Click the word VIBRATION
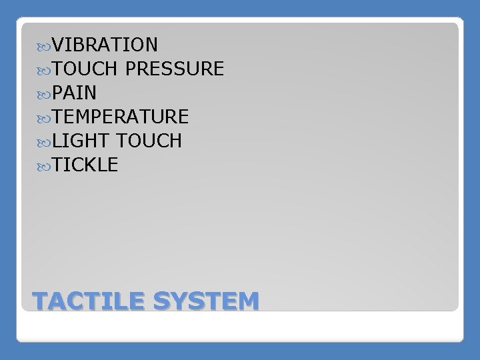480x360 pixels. [105, 45]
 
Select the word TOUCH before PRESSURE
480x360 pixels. [85, 69]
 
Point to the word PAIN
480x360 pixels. [75, 93]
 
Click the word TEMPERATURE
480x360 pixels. [121, 117]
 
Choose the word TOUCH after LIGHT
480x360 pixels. [148, 141]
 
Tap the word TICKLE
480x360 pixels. [85, 165]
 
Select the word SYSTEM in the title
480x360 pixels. [205, 301]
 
